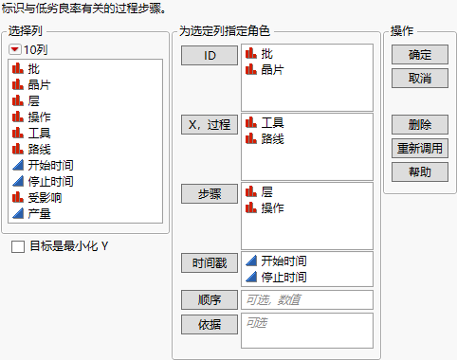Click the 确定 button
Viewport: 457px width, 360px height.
point(419,56)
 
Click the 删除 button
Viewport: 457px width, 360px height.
point(419,125)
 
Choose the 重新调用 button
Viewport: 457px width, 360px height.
point(419,148)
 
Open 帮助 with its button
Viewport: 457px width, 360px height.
point(419,171)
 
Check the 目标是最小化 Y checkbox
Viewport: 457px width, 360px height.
point(19,247)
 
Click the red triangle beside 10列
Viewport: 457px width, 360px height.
point(15,48)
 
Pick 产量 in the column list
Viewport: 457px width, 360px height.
point(41,214)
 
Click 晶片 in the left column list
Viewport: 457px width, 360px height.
point(41,85)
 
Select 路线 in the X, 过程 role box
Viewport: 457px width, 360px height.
point(272,139)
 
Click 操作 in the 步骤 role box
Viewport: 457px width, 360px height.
point(272,207)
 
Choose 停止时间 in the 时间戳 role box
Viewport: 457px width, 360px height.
point(283,277)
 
